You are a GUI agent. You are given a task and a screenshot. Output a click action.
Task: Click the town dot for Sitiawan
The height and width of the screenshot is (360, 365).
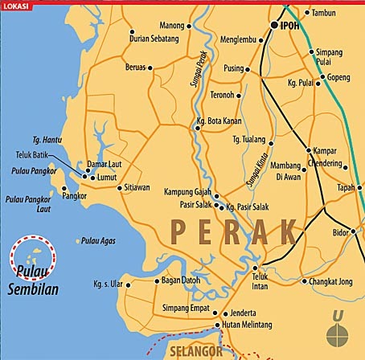(x=120, y=187)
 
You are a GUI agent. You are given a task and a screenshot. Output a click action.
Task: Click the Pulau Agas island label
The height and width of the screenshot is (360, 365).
(x=100, y=240)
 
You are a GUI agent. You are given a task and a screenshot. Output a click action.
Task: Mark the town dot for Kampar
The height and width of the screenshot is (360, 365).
(x=308, y=150)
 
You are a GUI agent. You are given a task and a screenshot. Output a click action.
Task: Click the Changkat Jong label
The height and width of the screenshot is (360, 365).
(x=330, y=281)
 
